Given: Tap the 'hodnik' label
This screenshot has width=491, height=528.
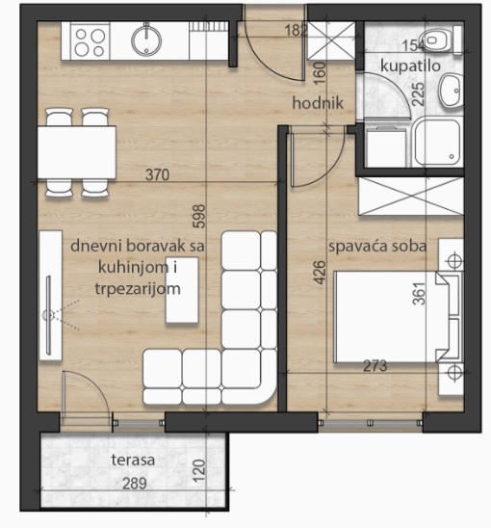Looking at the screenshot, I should tap(313, 105).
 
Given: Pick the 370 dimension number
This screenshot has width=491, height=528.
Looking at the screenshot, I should tap(157, 176).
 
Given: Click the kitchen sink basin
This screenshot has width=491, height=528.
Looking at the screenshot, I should tap(145, 40).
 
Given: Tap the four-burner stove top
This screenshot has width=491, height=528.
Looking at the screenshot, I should tap(90, 41).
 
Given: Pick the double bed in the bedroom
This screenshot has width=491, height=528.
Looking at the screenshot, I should tap(390, 319).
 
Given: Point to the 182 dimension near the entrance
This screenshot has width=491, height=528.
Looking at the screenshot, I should tap(297, 30).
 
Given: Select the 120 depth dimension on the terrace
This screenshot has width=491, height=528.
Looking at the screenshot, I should tap(198, 472).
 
